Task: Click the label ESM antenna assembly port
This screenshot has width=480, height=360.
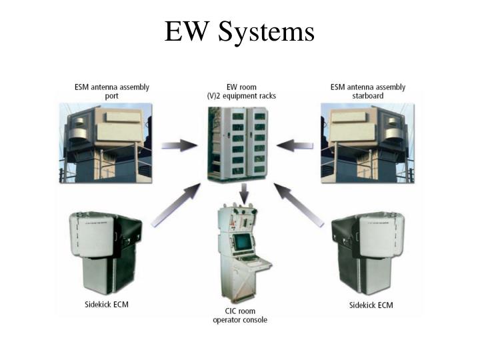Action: (x=111, y=91)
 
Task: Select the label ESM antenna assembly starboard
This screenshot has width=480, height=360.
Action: (x=368, y=91)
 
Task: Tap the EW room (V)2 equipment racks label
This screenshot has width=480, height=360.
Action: (x=241, y=91)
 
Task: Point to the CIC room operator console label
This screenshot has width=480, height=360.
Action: (x=240, y=315)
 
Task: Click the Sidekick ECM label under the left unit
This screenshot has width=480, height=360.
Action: (x=111, y=305)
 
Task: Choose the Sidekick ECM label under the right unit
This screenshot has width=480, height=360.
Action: (x=371, y=305)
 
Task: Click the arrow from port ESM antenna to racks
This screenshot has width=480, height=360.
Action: (x=179, y=145)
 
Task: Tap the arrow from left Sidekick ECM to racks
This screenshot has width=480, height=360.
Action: (x=175, y=206)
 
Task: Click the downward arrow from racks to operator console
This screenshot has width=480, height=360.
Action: (x=244, y=194)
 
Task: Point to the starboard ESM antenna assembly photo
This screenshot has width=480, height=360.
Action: (x=367, y=141)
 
